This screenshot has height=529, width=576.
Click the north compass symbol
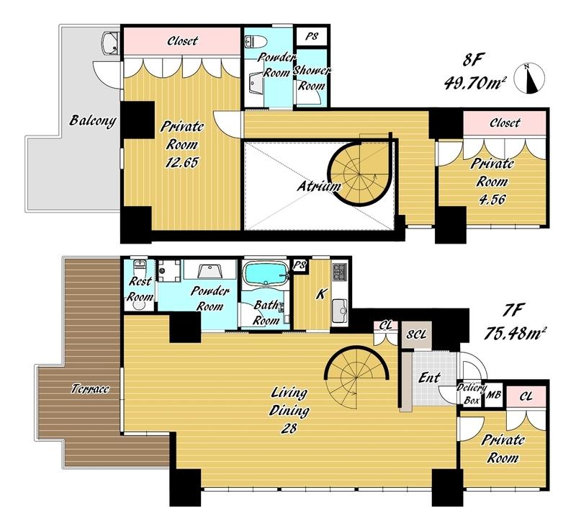pyautogui.click(x=529, y=79)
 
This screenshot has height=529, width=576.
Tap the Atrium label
pyautogui.click(x=318, y=187)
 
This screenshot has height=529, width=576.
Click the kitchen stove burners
pyautogui.click(x=339, y=271)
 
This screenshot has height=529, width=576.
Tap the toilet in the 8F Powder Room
pyautogui.click(x=254, y=41)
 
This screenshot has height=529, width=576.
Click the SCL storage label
pyautogui.click(x=417, y=334)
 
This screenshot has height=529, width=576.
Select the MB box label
pyautogui.click(x=493, y=395)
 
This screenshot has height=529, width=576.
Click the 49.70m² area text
pyautogui.click(x=473, y=84)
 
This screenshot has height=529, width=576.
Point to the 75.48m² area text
pyautogui.click(x=514, y=334)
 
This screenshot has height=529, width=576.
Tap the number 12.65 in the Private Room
pyautogui.click(x=181, y=162)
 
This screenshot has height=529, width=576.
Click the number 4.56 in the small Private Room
pyautogui.click(x=492, y=199)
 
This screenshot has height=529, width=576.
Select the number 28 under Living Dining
pyautogui.click(x=289, y=428)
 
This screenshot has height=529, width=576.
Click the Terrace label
pyautogui.click(x=91, y=388)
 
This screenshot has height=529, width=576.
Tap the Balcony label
pyautogui.click(x=93, y=120)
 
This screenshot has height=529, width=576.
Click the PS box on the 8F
pyautogui.click(x=312, y=36)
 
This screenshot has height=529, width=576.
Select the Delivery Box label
pyautogui.click(x=472, y=394)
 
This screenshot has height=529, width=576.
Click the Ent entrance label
pyautogui.click(x=429, y=378)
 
